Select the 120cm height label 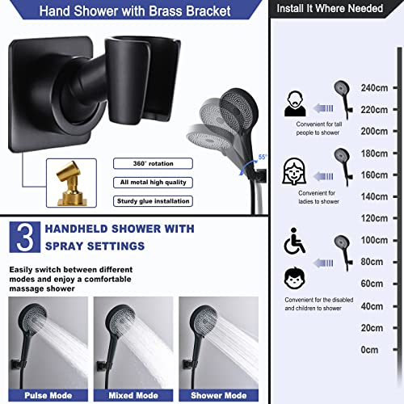pyautogui.click(x=374, y=218)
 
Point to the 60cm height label pyautogui.click(x=372, y=284)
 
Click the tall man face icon pyautogui.click(x=294, y=104)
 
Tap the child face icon pyautogui.click(x=294, y=278)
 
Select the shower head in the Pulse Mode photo pyautogui.click(x=32, y=315)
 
